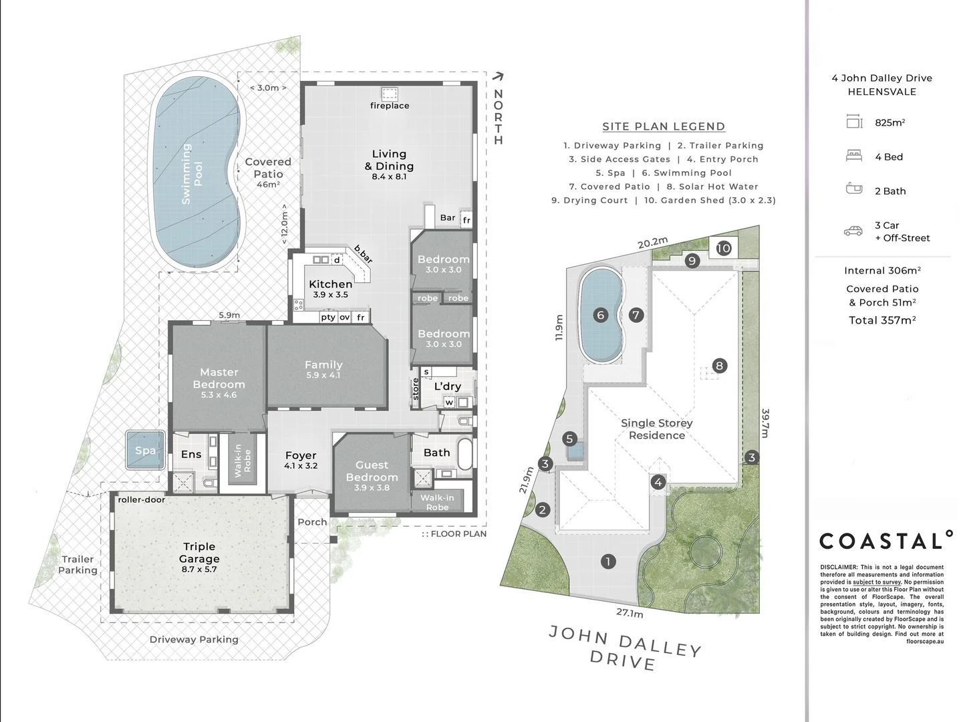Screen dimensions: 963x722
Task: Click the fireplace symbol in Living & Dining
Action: pos(389,94)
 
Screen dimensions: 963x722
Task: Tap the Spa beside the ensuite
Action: pos(145,450)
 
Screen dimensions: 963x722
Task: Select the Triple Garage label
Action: pos(199,553)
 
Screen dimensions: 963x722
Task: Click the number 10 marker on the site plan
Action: pos(724,249)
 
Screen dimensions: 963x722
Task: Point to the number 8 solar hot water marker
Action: pos(719,366)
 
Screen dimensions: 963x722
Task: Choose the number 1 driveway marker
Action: pos(608,562)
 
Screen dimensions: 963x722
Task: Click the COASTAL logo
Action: pos(885,540)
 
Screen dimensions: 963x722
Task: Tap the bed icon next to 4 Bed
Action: pos(854,156)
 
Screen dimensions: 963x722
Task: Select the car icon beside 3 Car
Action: pos(853,231)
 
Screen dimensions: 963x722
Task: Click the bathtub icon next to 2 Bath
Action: pos(854,189)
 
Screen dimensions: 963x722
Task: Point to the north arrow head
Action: pos(499,77)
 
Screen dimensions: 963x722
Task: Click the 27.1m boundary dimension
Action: pos(630,613)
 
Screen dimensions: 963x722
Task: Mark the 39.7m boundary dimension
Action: pos(765,423)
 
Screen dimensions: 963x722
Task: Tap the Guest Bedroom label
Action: pos(372,471)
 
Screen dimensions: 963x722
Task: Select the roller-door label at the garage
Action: pos(141,499)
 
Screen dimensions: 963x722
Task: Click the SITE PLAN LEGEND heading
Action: pos(664,126)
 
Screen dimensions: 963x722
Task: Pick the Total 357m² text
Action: pos(882,320)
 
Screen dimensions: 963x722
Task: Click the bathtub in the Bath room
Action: pos(464,453)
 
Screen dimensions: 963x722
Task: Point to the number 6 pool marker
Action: pos(601,315)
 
